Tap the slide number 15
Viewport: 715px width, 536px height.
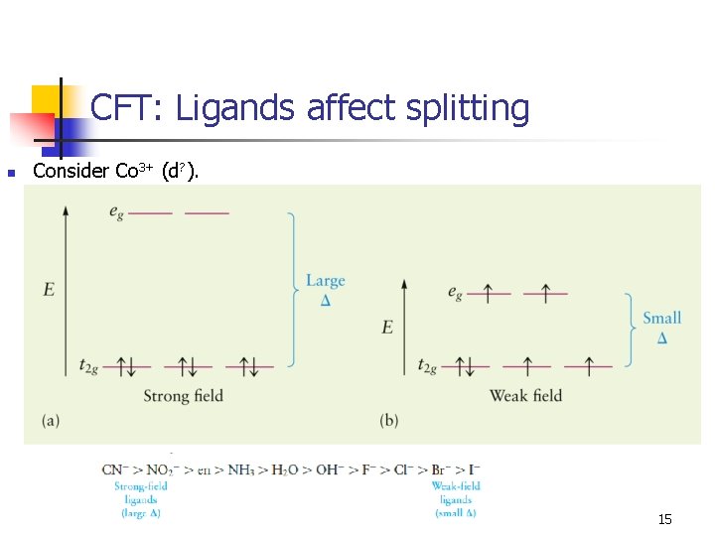[x=664, y=520]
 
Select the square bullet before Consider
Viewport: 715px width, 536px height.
[x=11, y=173]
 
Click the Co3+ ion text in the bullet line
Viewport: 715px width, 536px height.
[x=134, y=171]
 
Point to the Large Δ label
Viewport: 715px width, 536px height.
[x=325, y=289]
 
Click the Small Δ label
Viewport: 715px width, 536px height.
[x=661, y=327]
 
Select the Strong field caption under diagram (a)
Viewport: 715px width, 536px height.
[x=184, y=396]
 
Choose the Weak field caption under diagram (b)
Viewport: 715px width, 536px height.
[x=525, y=396]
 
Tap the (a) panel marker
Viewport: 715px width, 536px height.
[x=51, y=420]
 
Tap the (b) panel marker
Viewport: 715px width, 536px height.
[x=389, y=420]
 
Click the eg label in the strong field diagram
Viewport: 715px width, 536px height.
[x=118, y=211]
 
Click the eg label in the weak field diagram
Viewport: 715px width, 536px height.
[x=455, y=293]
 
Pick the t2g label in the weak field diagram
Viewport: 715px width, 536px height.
[x=429, y=366]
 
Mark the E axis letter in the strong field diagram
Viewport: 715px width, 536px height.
[x=49, y=290]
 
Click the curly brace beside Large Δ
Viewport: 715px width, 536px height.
[x=293, y=289]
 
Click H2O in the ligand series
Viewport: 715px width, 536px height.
[x=289, y=469]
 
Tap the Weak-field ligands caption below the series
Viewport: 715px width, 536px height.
[x=456, y=499]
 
